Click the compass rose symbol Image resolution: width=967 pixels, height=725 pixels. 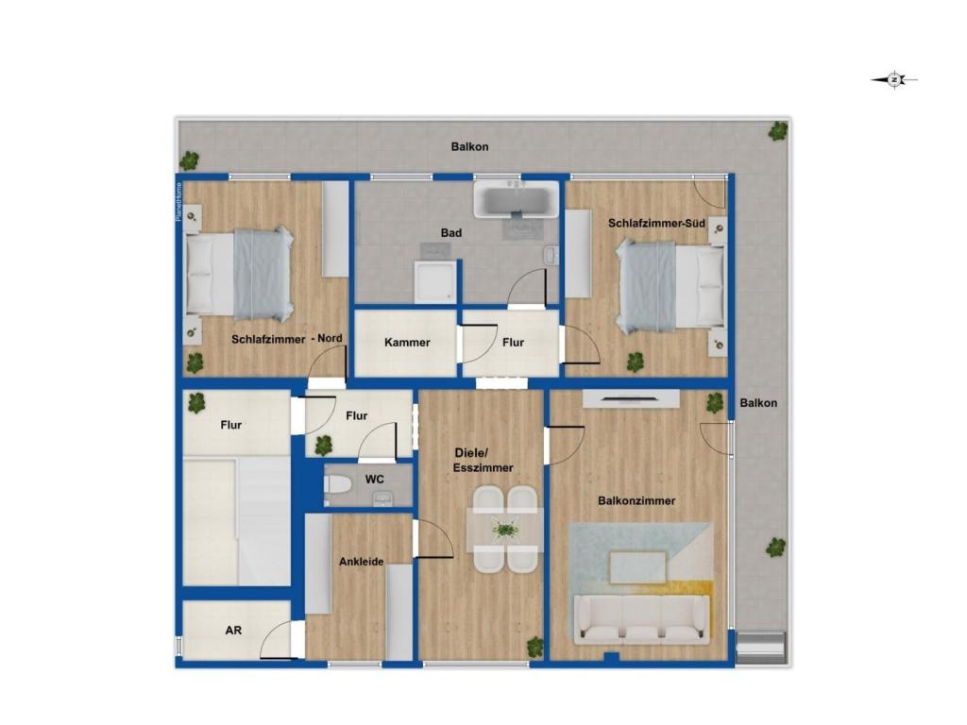click(894, 79)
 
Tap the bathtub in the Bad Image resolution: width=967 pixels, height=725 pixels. click(517, 198)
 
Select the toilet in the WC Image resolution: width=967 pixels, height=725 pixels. click(337, 484)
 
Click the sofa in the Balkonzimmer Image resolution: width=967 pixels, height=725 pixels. click(641, 619)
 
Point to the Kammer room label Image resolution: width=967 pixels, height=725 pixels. click(407, 342)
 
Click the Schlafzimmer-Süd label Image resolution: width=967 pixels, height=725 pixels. click(656, 223)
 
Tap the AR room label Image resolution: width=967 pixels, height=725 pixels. click(233, 630)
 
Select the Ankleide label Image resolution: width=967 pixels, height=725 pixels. click(362, 562)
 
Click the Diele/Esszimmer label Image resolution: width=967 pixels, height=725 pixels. click(483, 460)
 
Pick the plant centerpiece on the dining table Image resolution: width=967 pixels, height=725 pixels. click(505, 529)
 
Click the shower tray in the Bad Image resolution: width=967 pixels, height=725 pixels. click(436, 281)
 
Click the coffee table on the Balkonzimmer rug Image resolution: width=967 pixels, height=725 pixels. click(637, 567)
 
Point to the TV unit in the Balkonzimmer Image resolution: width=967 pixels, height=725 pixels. click(631, 398)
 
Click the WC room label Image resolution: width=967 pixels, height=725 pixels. click(374, 479)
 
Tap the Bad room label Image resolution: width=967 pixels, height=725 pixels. click(450, 233)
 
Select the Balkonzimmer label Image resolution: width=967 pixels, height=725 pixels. click(636, 500)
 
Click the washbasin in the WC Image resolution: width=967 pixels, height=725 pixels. click(383, 497)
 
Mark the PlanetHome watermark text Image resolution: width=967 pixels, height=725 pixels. click(178, 202)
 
